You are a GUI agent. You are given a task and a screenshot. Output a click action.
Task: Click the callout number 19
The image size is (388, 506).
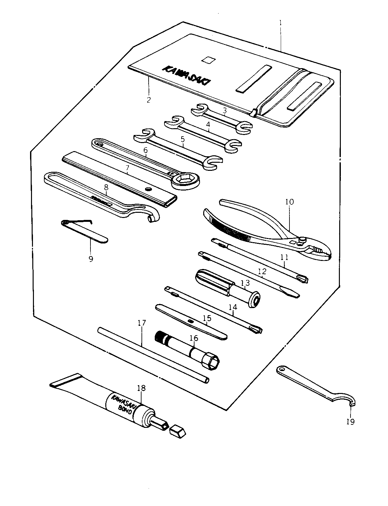[x=351, y=421]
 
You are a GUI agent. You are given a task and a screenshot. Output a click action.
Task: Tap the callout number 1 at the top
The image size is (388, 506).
[x=280, y=23]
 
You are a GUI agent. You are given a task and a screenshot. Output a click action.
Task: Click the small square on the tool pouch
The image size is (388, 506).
[x=208, y=59]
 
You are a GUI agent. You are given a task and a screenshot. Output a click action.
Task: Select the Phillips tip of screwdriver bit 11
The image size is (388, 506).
[x=303, y=279]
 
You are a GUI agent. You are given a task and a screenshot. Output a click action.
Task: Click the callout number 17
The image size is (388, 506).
[x=142, y=322]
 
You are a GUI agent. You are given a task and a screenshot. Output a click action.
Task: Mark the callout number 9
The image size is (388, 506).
[x=90, y=259]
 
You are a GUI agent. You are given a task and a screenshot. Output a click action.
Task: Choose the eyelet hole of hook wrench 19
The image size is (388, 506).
[x=282, y=369]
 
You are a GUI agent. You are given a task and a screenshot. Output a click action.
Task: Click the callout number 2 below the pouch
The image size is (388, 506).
[x=149, y=99]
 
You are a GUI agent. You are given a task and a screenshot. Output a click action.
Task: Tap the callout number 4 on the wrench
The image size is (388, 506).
[x=208, y=124]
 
